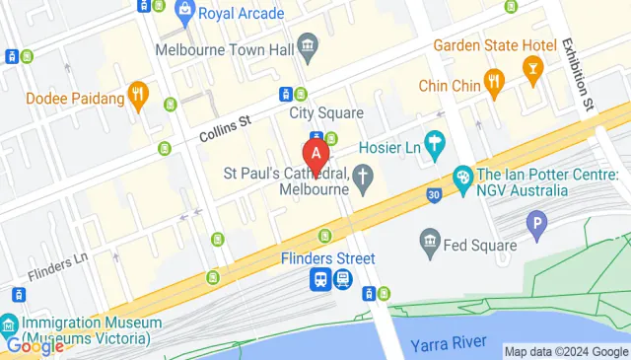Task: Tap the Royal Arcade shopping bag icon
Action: [x=183, y=13]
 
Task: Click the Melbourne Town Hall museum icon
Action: [x=308, y=45]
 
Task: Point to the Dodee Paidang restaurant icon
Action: [x=138, y=98]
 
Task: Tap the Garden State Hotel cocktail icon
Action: [x=533, y=67]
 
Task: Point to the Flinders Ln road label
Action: [x=59, y=265]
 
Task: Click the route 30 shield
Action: [x=434, y=195]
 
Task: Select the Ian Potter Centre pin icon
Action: [x=460, y=179]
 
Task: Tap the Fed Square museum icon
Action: [x=429, y=241]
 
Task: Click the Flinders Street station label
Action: [x=327, y=258]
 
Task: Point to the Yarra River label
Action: [x=450, y=342]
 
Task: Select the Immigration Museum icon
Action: [x=9, y=324]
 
